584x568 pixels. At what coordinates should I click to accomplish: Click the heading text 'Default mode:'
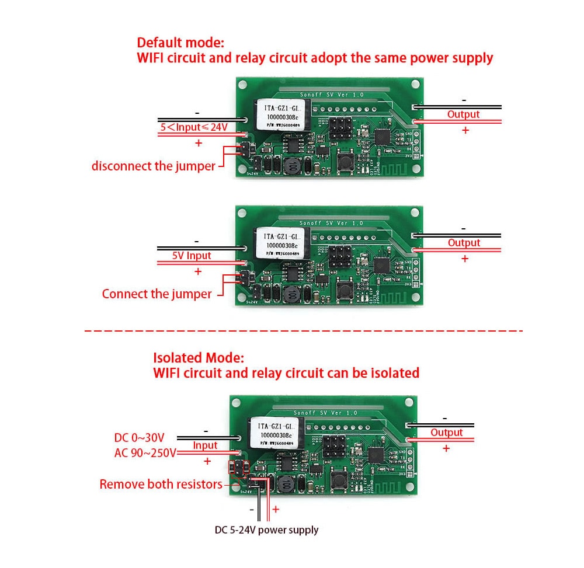[x=180, y=43]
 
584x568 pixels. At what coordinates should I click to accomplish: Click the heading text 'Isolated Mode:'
[x=199, y=357]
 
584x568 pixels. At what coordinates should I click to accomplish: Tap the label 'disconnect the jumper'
[x=153, y=166]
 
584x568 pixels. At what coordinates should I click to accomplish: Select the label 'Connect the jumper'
[x=157, y=294]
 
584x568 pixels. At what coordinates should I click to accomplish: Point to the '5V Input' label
[x=192, y=256]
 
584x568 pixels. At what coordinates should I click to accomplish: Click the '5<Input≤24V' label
[x=194, y=127]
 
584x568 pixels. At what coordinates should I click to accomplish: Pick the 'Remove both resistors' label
[x=161, y=484]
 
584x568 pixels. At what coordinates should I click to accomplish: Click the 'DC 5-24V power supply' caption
[x=266, y=530]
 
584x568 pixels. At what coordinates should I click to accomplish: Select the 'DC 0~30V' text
[x=139, y=437]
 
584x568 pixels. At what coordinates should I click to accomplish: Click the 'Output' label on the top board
[x=463, y=114]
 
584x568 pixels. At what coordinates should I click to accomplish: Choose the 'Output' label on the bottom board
[x=446, y=433]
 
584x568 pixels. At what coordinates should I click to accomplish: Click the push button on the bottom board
[x=338, y=481]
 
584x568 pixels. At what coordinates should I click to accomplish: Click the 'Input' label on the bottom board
[x=205, y=445]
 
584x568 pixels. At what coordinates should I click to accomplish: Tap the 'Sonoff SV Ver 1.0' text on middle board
[x=331, y=223]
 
